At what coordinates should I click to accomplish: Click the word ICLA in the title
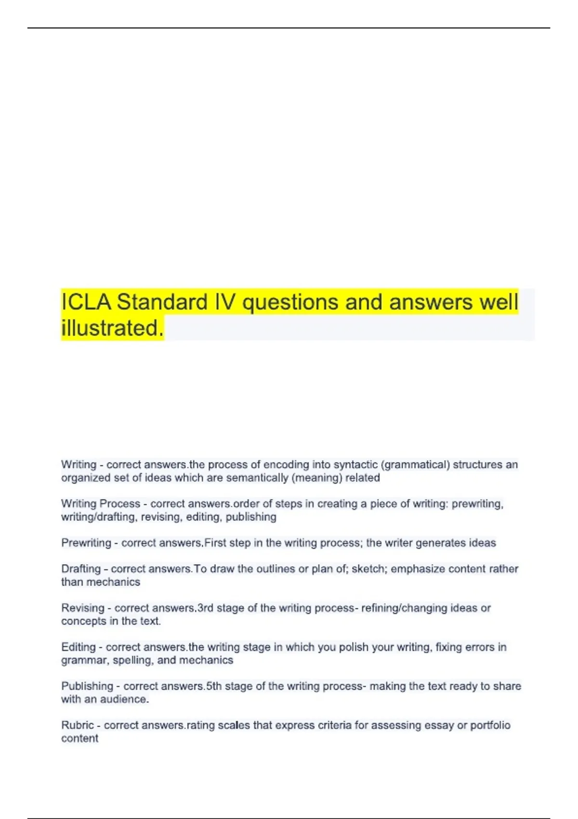(87, 303)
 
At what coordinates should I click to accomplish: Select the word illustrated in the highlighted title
(112, 329)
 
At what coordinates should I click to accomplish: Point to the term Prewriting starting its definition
(86, 543)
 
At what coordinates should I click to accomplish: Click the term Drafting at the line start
(80, 569)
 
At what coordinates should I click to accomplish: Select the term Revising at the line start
(82, 608)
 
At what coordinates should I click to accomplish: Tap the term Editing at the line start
(78, 647)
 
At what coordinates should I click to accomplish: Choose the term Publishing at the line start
(87, 686)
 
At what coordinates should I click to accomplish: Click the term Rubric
(77, 725)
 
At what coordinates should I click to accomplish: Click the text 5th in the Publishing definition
(214, 686)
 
